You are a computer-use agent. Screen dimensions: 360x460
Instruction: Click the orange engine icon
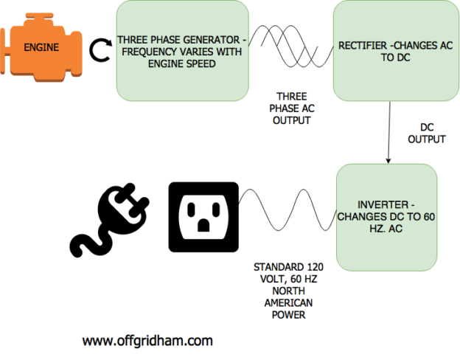pos(41,48)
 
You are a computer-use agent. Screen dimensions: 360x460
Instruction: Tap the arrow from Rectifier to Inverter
pos(388,133)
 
